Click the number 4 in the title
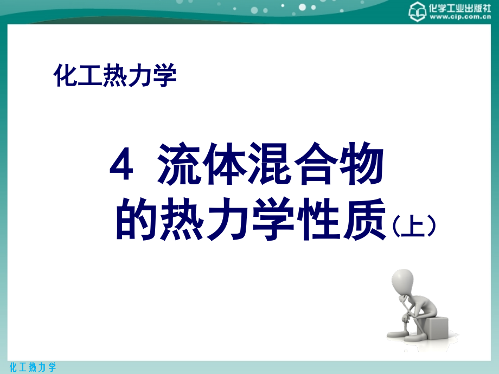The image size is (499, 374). [121, 164]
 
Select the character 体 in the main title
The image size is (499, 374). [225, 164]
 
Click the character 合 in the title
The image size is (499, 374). [316, 164]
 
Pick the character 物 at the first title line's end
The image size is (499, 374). [361, 164]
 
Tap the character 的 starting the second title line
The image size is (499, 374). [137, 219]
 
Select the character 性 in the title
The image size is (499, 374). [318, 219]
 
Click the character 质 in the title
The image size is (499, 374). [364, 219]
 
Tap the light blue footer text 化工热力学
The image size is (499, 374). [33, 367]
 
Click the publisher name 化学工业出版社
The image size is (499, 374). [459, 8]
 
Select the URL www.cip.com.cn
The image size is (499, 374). [460, 17]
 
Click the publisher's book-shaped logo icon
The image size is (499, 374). [417, 12]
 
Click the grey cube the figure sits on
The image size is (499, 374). [436, 327]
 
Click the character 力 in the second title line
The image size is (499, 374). [228, 219]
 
